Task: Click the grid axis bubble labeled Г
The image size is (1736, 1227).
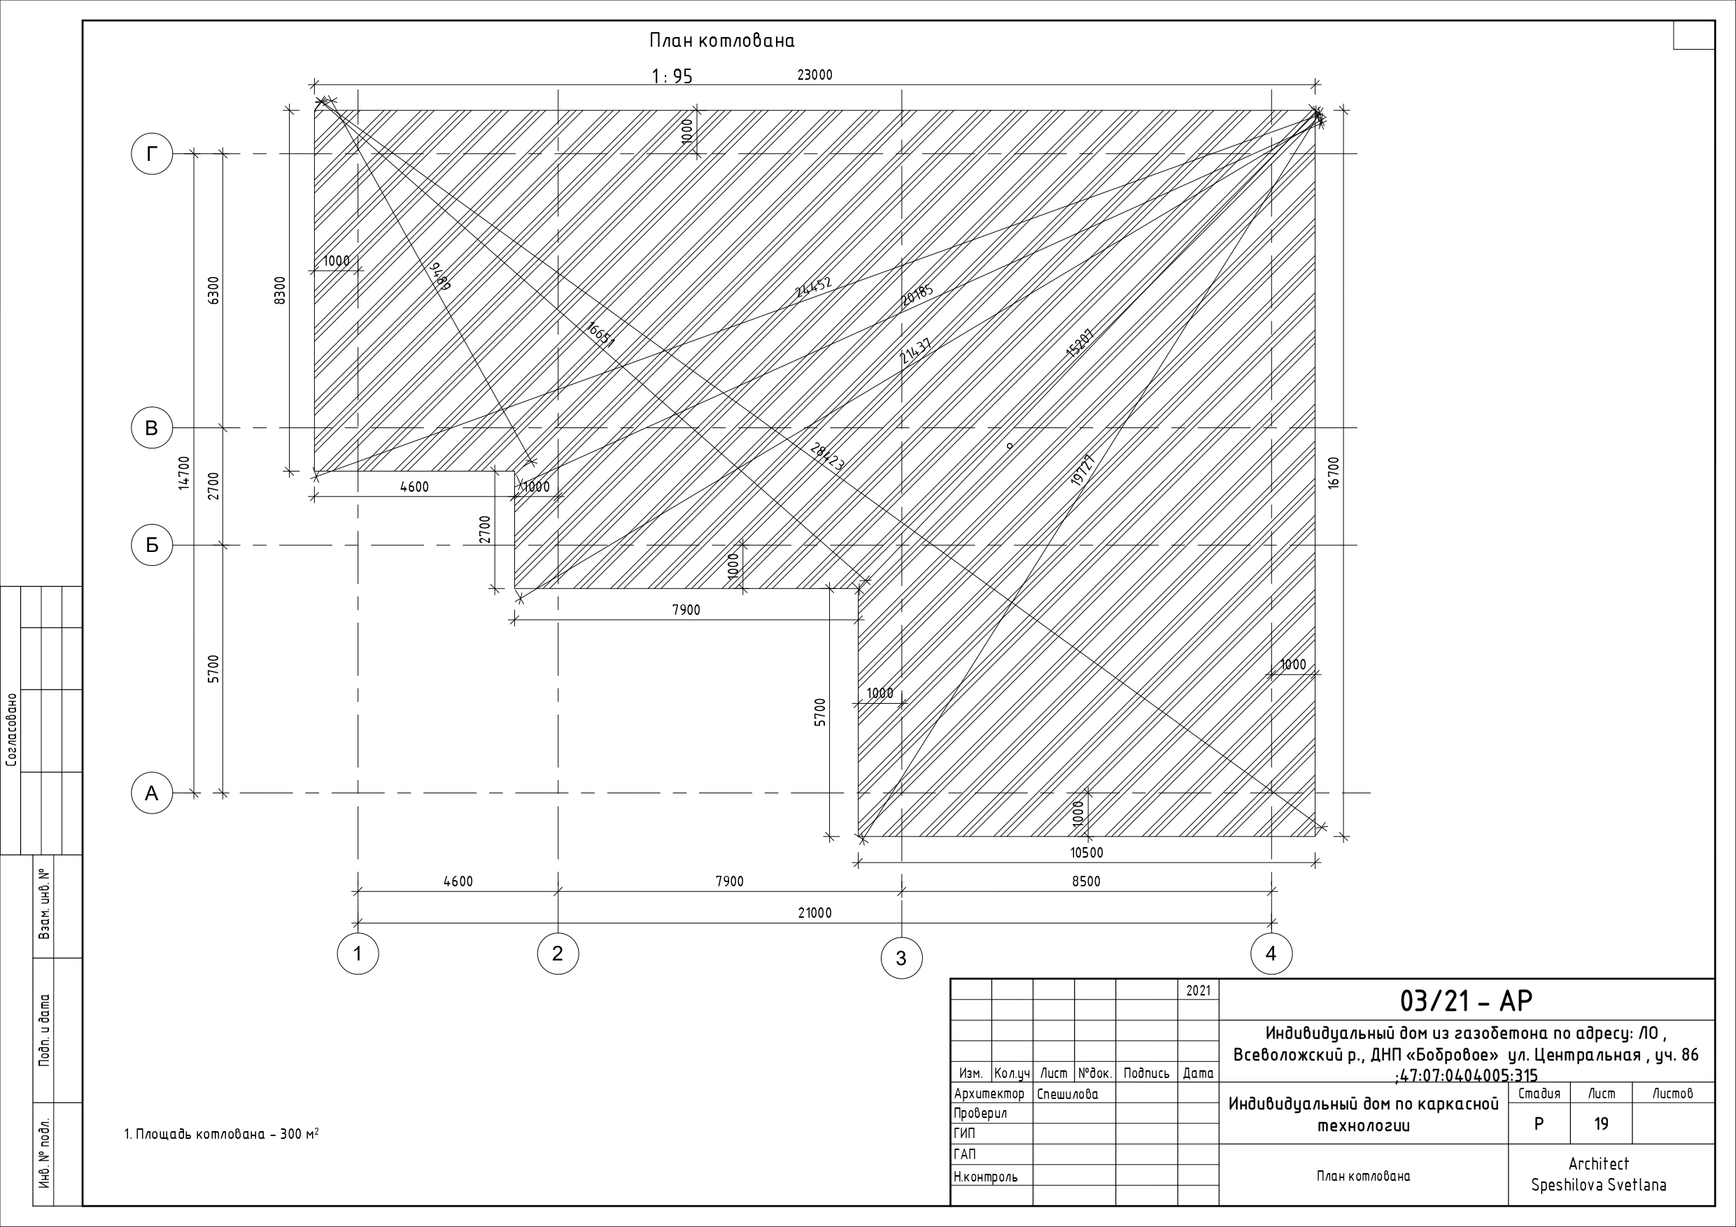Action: point(152,154)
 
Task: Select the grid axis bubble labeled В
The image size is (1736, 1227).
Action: point(152,428)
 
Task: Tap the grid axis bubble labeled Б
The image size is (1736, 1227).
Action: point(152,545)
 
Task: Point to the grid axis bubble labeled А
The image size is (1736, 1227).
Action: point(152,793)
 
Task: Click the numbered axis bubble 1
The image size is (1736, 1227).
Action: point(358,953)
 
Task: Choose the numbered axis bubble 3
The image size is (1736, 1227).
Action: point(901,958)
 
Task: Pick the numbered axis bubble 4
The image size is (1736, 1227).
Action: point(1271,953)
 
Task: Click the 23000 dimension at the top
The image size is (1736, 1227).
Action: point(814,75)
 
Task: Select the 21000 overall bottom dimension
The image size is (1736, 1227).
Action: point(814,912)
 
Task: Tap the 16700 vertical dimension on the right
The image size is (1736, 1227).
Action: point(1333,472)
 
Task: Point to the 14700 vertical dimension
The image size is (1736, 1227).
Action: point(184,472)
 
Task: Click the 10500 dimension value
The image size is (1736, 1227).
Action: point(1087,853)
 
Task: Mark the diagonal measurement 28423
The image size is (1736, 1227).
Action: point(826,458)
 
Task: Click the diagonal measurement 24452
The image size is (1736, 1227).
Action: point(814,288)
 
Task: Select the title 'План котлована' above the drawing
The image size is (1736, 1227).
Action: point(722,41)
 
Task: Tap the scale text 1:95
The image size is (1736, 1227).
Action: point(672,76)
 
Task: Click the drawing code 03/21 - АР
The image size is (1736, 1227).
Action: point(1466,1000)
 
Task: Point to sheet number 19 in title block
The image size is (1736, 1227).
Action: point(1601,1124)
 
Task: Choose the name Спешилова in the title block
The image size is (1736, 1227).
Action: point(1068,1094)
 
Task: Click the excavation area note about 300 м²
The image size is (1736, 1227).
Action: point(222,1134)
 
